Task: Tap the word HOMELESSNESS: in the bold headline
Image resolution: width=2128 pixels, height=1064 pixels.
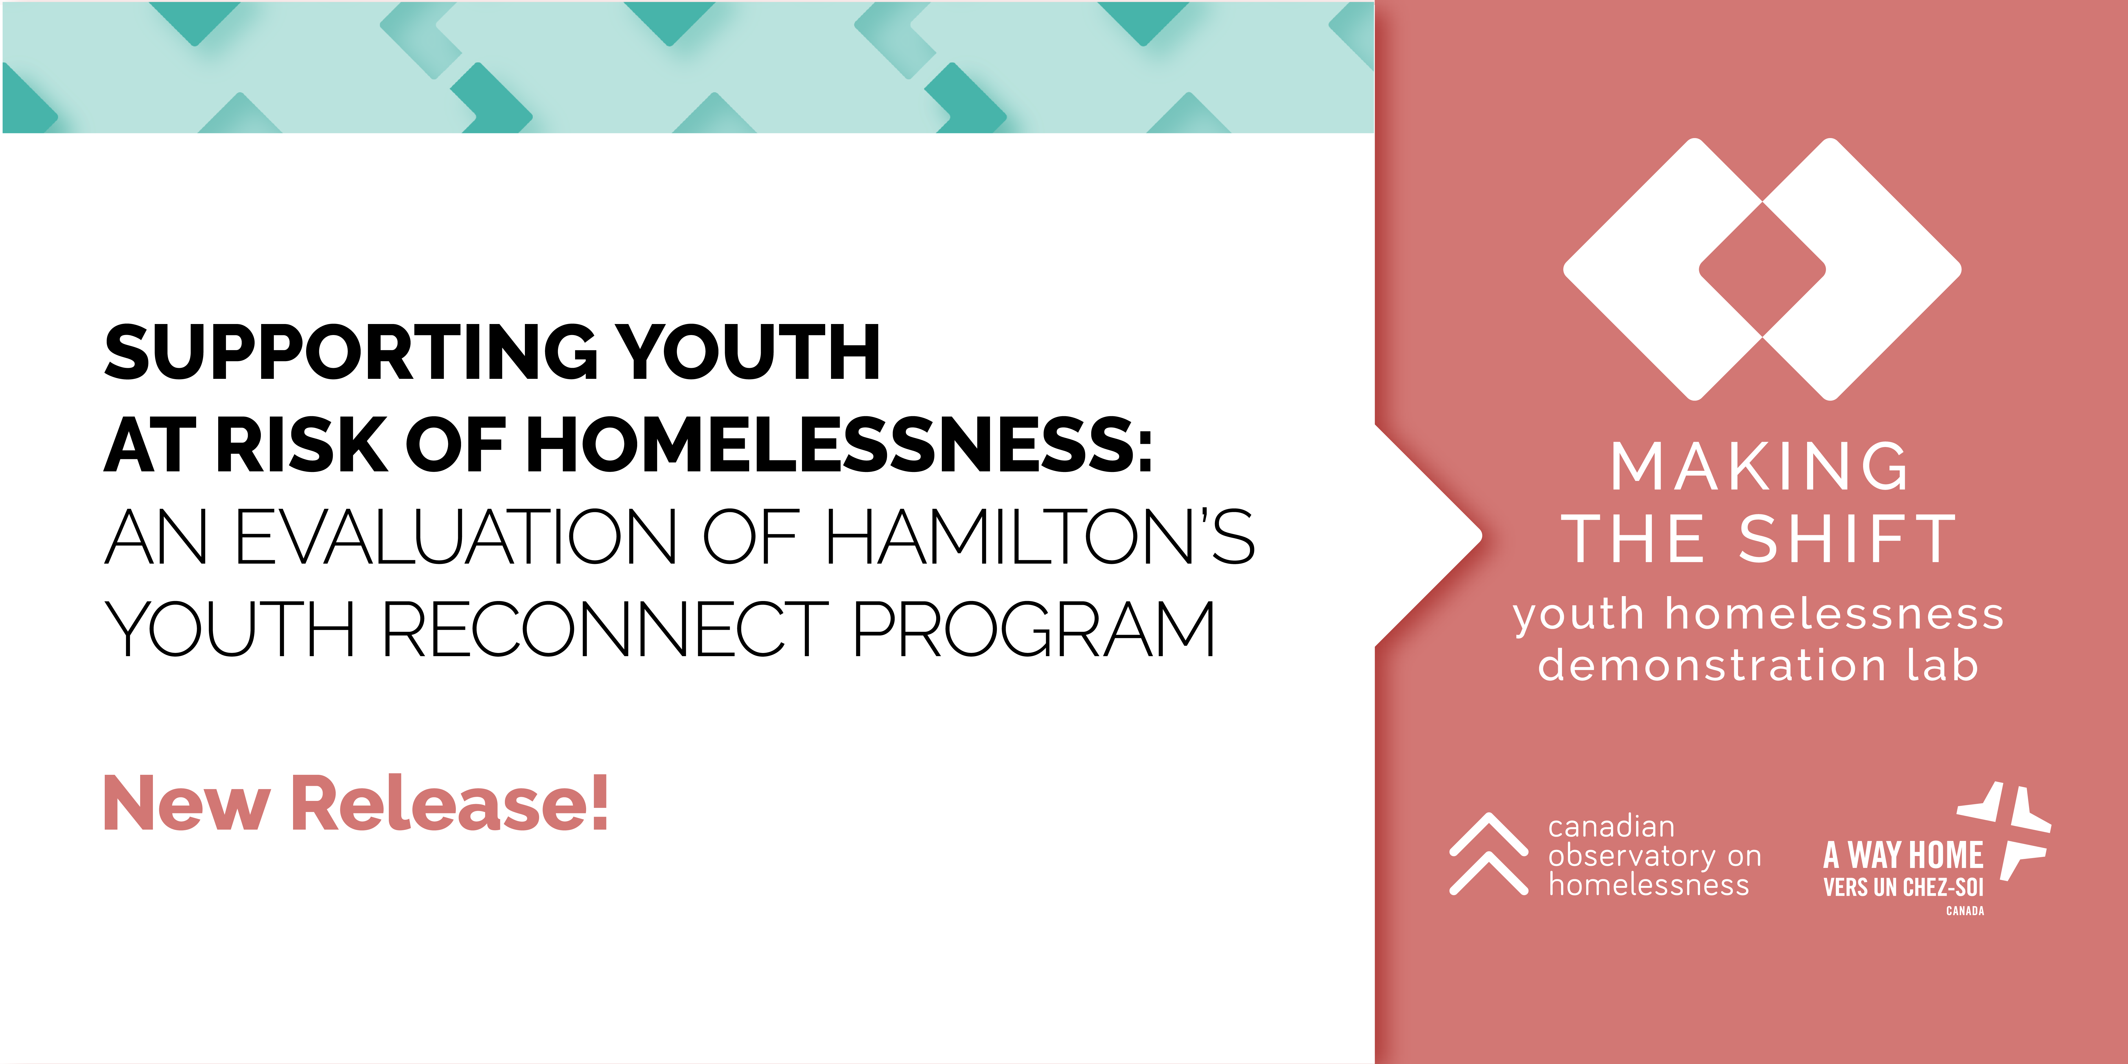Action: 839,445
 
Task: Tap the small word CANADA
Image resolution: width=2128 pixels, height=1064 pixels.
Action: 1965,910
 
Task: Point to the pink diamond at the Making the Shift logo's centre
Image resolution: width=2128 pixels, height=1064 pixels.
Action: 1762,269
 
